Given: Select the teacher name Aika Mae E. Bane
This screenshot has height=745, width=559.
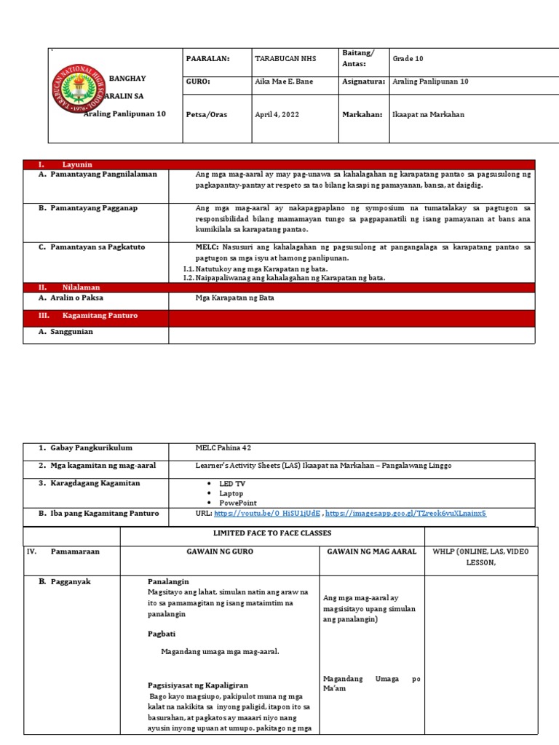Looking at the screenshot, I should point(284,81).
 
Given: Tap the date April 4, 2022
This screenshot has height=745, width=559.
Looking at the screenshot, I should point(277,114).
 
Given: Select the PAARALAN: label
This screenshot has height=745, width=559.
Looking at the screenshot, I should point(207,59).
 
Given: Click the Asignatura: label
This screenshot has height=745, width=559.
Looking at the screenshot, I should point(363,81).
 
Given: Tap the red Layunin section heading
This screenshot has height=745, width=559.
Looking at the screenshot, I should point(77,164).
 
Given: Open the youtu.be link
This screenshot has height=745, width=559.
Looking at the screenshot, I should point(268,513).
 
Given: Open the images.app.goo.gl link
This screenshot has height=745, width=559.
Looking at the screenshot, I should point(405,513).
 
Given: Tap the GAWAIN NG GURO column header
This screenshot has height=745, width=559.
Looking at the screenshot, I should point(219,551).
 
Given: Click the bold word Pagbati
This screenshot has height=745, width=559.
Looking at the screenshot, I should point(162,634).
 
